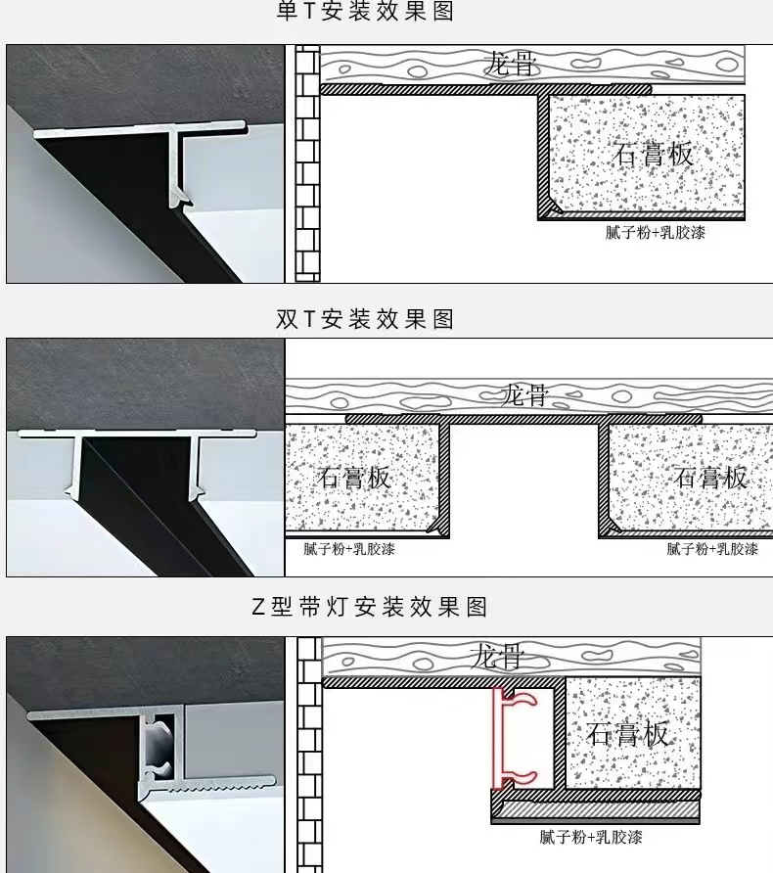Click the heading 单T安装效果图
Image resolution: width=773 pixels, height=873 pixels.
365,11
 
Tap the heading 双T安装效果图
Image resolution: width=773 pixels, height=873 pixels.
365,319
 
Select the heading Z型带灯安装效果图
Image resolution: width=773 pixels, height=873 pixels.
370,607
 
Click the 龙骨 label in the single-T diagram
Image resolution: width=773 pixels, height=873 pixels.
510,63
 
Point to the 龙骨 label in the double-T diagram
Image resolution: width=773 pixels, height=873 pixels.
524,394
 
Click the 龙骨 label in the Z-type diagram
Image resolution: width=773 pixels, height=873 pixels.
497,656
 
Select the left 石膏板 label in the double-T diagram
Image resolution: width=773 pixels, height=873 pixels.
353,478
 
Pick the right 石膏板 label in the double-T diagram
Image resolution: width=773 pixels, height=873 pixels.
710,478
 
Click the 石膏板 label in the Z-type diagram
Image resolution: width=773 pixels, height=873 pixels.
627,734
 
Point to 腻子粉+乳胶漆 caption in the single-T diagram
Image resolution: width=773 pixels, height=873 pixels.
655,232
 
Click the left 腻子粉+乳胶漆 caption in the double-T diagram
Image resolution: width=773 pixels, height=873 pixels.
349,549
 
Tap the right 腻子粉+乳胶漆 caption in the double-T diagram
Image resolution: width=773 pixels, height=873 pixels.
712,549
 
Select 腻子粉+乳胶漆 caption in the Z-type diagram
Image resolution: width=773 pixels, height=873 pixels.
591,837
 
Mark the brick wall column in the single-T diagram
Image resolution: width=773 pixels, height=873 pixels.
307,163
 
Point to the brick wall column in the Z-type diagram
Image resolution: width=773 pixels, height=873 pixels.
309,755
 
